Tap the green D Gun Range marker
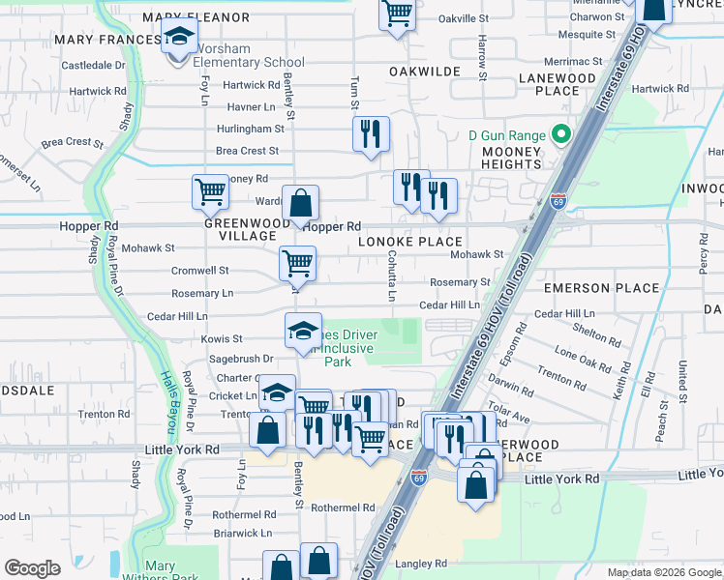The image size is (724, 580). click(x=558, y=134)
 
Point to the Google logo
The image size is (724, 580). click(x=32, y=568)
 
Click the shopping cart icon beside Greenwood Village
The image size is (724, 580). click(x=210, y=191)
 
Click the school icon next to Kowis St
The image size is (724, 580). click(x=303, y=331)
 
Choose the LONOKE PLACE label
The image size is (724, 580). click(x=410, y=241)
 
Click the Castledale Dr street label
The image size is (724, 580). click(x=94, y=66)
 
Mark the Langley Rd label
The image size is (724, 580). click(x=420, y=563)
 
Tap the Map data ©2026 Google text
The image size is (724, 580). click(x=664, y=572)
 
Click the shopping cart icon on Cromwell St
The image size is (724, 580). click(x=297, y=263)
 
